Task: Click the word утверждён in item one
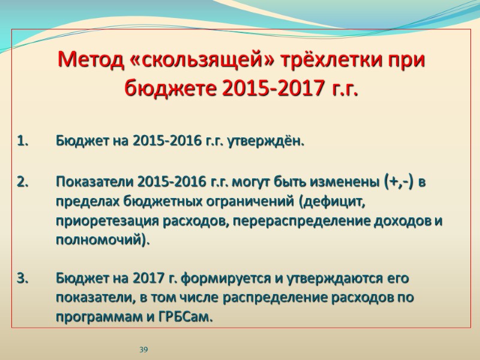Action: (271, 142)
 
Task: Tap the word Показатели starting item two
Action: (95, 181)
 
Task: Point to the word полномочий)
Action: (103, 240)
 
